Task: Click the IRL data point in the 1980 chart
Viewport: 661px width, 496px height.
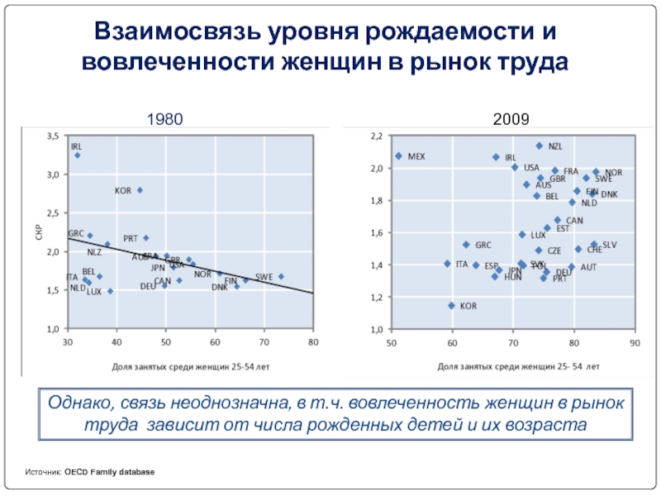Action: click(77, 155)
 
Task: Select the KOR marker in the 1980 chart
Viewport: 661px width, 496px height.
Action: click(140, 190)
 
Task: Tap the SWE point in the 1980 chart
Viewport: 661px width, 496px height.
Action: click(281, 276)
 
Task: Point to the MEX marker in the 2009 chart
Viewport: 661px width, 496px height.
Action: click(398, 155)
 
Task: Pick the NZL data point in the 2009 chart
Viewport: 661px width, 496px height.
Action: click(540, 145)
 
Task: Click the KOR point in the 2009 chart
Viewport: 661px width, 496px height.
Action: click(451, 305)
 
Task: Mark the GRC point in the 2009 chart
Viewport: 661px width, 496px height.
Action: click(466, 245)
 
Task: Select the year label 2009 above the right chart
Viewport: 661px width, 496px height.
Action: click(511, 120)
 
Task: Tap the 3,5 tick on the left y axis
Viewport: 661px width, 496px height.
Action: click(51, 135)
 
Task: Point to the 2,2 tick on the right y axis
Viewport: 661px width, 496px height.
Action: click(377, 136)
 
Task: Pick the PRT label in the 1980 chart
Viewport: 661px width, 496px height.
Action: click(131, 238)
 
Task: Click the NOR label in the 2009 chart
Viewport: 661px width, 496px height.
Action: click(613, 172)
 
